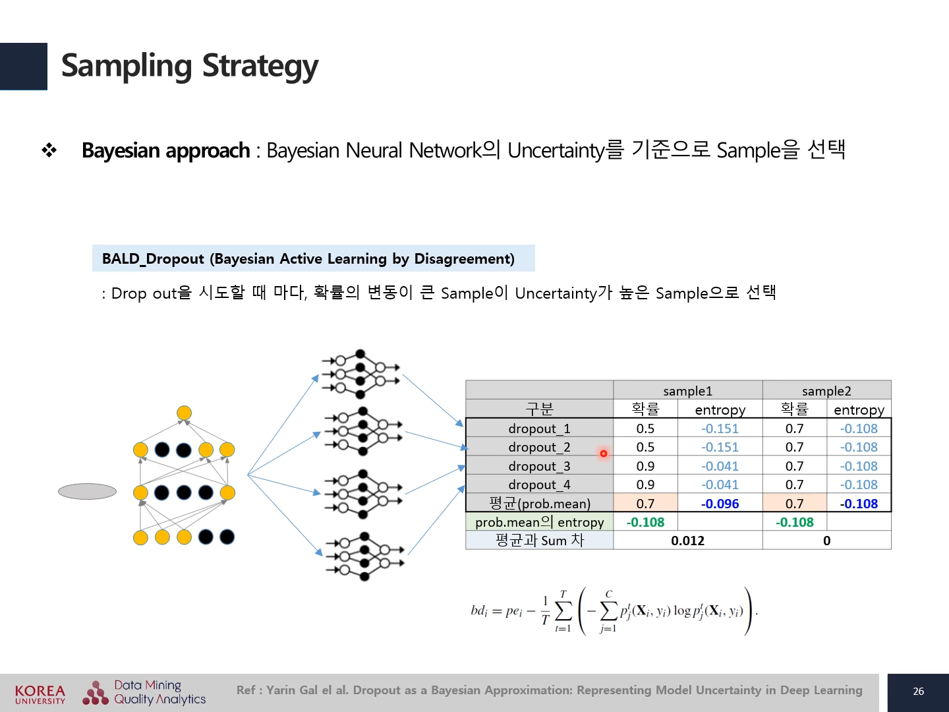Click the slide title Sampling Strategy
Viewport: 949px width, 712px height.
pyautogui.click(x=189, y=66)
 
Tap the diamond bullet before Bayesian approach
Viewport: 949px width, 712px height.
pyautogui.click(x=49, y=150)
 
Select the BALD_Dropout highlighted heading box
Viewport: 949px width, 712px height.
pyautogui.click(x=313, y=258)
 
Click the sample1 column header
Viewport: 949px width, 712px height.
pyautogui.click(x=687, y=390)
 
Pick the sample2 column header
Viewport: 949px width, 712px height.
pyautogui.click(x=826, y=390)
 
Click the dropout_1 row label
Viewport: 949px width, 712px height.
pyautogui.click(x=539, y=429)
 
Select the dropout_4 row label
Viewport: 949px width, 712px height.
pyautogui.click(x=539, y=485)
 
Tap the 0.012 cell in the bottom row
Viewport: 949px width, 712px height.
pyautogui.click(x=687, y=541)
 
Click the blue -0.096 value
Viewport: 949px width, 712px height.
pyautogui.click(x=720, y=504)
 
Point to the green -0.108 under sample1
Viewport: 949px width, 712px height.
pyautogui.click(x=645, y=522)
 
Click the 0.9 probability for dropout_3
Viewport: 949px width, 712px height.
pyautogui.click(x=645, y=466)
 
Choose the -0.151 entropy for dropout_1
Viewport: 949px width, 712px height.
pyautogui.click(x=720, y=429)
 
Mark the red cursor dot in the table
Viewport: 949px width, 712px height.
pyautogui.click(x=603, y=454)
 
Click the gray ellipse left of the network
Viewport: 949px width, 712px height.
pyautogui.click(x=87, y=491)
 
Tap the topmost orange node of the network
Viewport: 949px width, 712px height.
pyautogui.click(x=184, y=413)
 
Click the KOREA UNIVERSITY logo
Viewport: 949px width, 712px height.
pyautogui.click(x=40, y=694)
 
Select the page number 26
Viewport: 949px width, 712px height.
pyautogui.click(x=918, y=692)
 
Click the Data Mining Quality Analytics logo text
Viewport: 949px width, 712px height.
pyautogui.click(x=159, y=692)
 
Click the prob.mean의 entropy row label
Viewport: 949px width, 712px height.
pyautogui.click(x=539, y=522)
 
